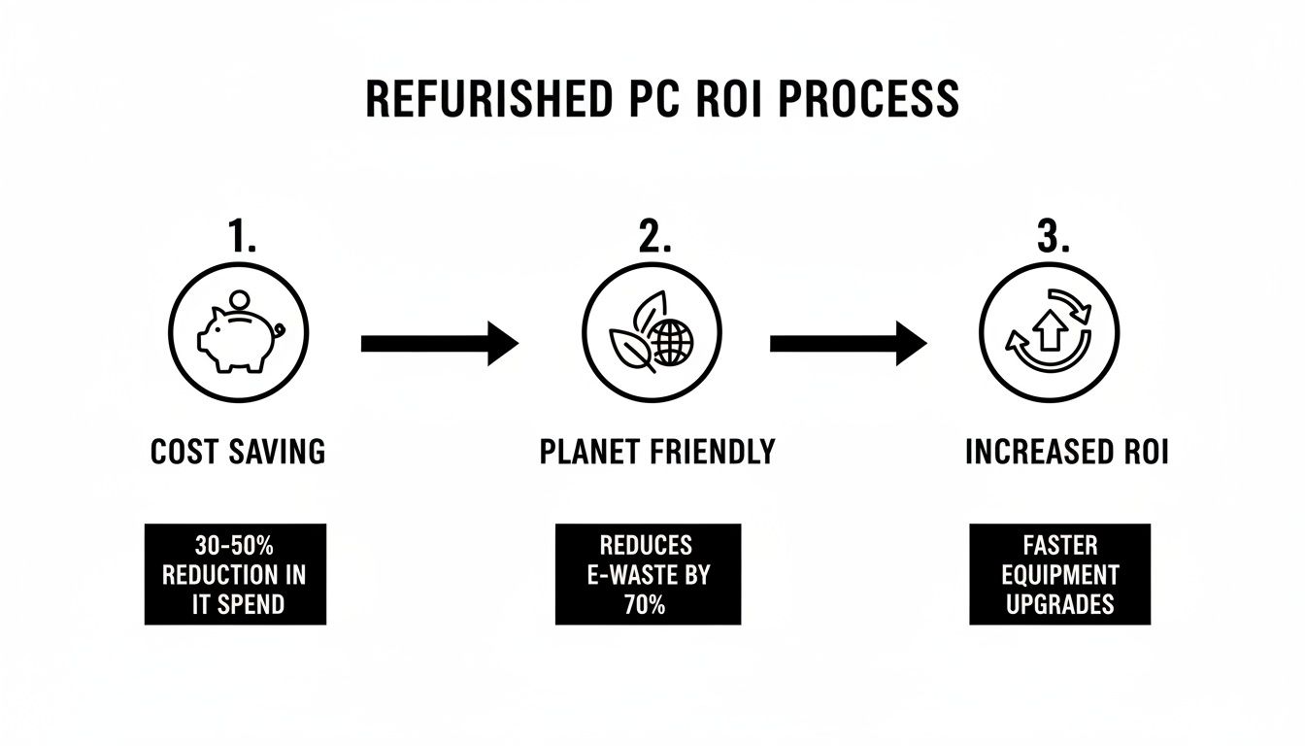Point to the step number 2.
click(x=652, y=238)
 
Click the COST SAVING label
click(x=238, y=453)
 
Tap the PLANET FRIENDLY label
click(x=657, y=453)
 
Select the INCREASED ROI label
click(x=1066, y=453)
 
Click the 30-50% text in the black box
click(x=234, y=546)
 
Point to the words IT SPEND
click(x=238, y=603)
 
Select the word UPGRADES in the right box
click(x=1060, y=603)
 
